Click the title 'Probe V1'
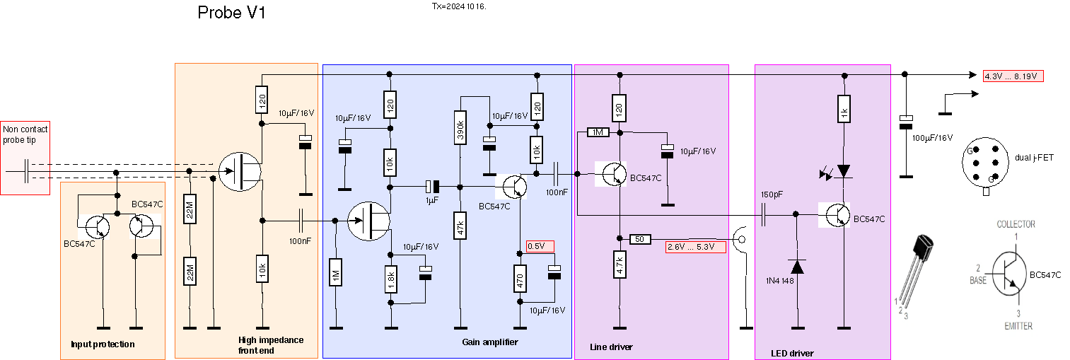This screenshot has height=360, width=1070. [x=231, y=13]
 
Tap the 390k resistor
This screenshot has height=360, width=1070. [x=460, y=127]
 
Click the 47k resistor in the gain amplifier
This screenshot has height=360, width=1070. [x=460, y=230]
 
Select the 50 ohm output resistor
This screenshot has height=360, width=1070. [x=640, y=239]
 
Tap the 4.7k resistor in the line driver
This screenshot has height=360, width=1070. [x=620, y=266]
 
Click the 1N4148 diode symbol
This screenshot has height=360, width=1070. [x=797, y=267]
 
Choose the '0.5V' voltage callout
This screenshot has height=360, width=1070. [x=540, y=246]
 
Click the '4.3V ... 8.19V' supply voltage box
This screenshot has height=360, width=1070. [x=1013, y=76]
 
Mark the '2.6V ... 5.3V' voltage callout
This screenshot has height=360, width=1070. [x=696, y=247]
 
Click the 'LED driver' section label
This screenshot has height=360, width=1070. [x=792, y=353]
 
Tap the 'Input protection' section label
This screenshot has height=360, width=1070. [x=103, y=344]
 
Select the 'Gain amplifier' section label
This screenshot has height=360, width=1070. [x=489, y=342]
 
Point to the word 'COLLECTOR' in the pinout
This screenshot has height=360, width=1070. [x=1016, y=224]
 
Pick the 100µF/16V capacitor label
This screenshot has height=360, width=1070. [x=932, y=138]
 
